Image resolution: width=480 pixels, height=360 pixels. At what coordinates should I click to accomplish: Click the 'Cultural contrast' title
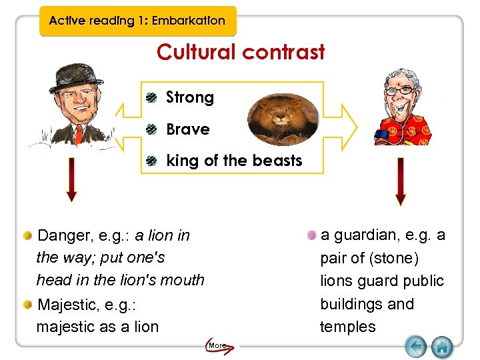click(241, 52)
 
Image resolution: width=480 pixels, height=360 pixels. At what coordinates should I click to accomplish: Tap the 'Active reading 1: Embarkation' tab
click(137, 20)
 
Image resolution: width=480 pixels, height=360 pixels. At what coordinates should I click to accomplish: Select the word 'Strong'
click(190, 97)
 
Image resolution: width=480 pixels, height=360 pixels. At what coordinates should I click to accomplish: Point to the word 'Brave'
click(187, 129)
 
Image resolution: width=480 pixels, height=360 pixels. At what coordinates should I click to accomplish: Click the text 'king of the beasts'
click(234, 161)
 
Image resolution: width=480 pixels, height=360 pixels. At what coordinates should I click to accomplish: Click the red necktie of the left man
click(78, 133)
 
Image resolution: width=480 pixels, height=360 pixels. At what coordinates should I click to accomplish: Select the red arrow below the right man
click(400, 180)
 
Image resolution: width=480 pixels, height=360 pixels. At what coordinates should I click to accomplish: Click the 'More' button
click(217, 345)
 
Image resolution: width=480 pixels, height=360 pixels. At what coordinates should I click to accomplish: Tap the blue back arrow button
click(415, 346)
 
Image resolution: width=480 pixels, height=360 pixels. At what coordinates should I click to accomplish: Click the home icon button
click(441, 346)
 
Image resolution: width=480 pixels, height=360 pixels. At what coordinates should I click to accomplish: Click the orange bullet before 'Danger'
click(28, 235)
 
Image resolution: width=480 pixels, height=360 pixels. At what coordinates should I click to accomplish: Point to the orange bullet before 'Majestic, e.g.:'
click(28, 305)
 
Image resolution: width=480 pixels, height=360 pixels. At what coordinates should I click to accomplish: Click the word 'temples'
click(348, 327)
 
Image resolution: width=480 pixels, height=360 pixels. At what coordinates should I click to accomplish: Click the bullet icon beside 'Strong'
click(153, 97)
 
